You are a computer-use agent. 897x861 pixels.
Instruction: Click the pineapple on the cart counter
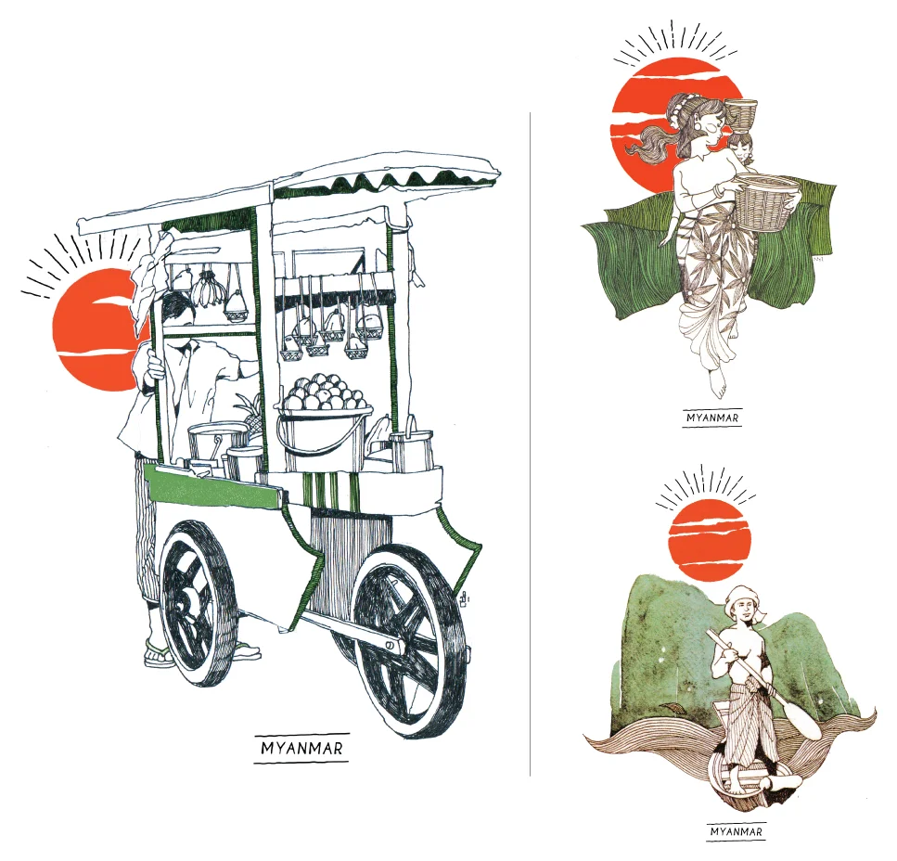[248, 408]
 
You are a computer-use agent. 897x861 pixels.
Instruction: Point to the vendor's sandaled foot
[160, 654]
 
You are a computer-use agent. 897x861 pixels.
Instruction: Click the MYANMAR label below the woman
[712, 418]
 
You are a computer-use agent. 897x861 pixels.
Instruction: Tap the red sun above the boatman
[709, 540]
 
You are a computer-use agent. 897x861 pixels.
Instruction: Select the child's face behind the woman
[739, 147]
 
